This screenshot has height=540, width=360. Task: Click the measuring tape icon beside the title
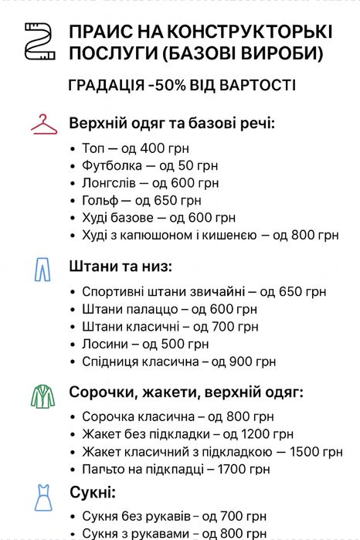click(37, 42)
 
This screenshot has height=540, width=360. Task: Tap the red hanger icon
click(44, 124)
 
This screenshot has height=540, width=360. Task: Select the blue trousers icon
click(41, 268)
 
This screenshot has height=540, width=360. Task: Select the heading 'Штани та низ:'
click(121, 267)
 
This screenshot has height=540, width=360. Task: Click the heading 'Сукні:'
click(93, 492)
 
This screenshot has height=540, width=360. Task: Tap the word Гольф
click(98, 200)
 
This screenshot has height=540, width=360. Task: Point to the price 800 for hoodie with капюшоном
click(301, 235)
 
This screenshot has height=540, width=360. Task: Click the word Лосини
click(104, 344)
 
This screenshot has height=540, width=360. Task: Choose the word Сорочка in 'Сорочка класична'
click(107, 416)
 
